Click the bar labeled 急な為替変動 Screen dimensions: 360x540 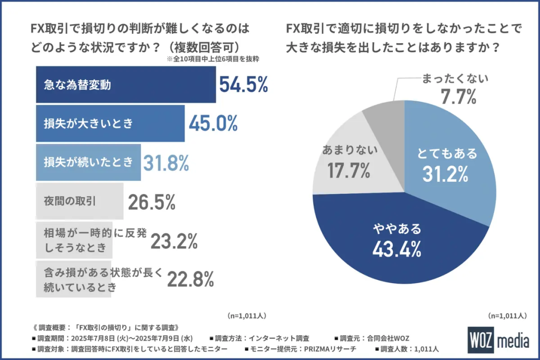pyautogui.click(x=126, y=84)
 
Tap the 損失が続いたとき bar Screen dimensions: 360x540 pyautogui.click(x=88, y=162)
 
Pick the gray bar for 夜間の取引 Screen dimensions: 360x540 pyautogui.click(x=79, y=201)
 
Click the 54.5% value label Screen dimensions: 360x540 pyautogui.click(x=244, y=84)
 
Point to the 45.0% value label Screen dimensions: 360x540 pyautogui.click(x=213, y=123)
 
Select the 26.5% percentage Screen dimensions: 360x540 pyautogui.click(x=151, y=201)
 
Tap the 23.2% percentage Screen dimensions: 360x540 pyautogui.click(x=174, y=241)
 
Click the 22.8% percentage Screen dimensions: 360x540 pyautogui.click(x=190, y=279)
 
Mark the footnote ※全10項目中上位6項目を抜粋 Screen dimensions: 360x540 pyautogui.click(x=216, y=60)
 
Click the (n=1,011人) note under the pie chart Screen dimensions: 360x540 pyautogui.click(x=507, y=316)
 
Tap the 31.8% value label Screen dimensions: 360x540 pyautogui.click(x=166, y=163)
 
